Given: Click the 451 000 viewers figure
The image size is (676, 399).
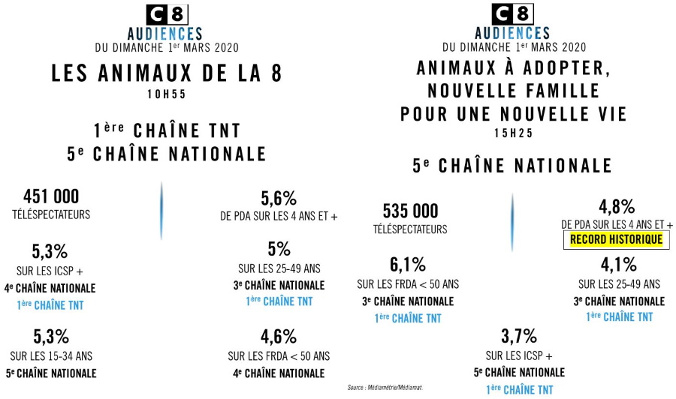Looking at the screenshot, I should pyautogui.click(x=51, y=196).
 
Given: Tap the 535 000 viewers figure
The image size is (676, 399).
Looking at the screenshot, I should pyautogui.click(x=410, y=211).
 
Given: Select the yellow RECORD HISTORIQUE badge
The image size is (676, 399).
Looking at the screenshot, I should pyautogui.click(x=616, y=240).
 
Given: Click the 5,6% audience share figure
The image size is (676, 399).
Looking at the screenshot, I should pyautogui.click(x=279, y=199).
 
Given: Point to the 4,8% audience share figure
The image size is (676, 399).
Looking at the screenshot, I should pyautogui.click(x=617, y=207).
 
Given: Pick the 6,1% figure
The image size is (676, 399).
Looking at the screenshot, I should pyautogui.click(x=408, y=264).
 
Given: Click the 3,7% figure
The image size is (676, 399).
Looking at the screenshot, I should pyautogui.click(x=519, y=335).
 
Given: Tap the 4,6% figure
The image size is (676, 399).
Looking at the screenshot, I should pyautogui.click(x=279, y=337).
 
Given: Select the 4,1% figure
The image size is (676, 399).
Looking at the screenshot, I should pyautogui.click(x=619, y=264).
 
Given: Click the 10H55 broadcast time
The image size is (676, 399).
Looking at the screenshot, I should pyautogui.click(x=167, y=96).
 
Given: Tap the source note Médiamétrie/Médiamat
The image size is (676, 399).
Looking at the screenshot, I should pyautogui.click(x=385, y=388).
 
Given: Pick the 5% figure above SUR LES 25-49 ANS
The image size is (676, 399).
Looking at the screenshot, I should pyautogui.click(x=279, y=249).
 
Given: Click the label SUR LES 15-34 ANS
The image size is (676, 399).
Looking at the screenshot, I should pyautogui.click(x=53, y=355).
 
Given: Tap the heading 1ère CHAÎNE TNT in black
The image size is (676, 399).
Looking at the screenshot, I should pyautogui.click(x=167, y=131).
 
